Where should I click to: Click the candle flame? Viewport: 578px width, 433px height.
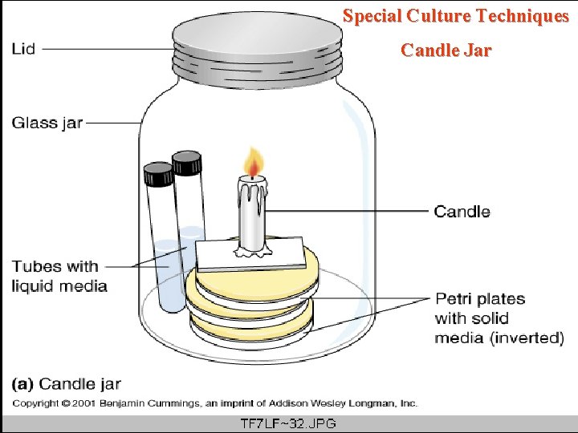pyautogui.click(x=254, y=164)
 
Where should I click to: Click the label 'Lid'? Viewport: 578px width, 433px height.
pyautogui.click(x=24, y=49)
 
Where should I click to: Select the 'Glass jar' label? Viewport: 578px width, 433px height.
pyautogui.click(x=47, y=123)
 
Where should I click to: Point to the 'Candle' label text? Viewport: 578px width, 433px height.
pyautogui.click(x=462, y=212)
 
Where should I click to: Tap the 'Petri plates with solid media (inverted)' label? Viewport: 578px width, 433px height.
pyautogui.click(x=499, y=318)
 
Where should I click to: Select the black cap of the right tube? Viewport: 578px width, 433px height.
pyautogui.click(x=186, y=163)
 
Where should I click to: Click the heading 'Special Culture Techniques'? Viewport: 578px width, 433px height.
pyautogui.click(x=455, y=16)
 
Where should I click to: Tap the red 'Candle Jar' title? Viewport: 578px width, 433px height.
pyautogui.click(x=446, y=51)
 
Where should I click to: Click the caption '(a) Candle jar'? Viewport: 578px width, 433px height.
pyautogui.click(x=66, y=384)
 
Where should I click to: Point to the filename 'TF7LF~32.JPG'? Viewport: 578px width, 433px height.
pyautogui.click(x=288, y=423)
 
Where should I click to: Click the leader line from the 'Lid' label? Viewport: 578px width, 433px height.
pyautogui.click(x=104, y=49)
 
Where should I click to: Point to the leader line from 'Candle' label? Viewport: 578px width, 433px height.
pyautogui.click(x=345, y=212)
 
